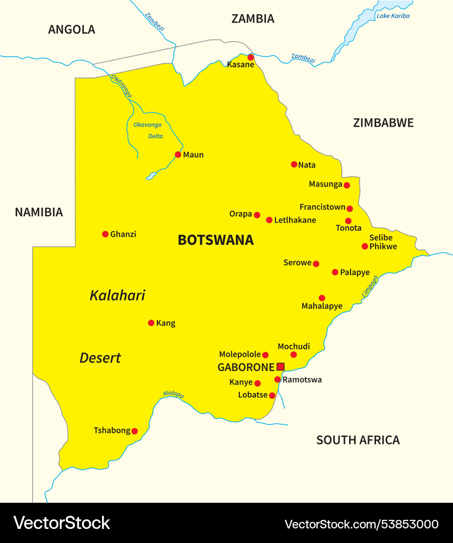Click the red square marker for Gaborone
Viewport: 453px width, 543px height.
[x=281, y=367]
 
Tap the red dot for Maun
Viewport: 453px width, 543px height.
[x=178, y=154]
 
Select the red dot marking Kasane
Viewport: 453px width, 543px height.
[x=251, y=57]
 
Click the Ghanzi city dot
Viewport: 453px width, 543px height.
[x=105, y=234]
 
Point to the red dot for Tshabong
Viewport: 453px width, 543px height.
[x=134, y=431]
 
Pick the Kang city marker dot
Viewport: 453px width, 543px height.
[x=151, y=323]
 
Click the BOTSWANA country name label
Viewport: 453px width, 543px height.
[x=216, y=240]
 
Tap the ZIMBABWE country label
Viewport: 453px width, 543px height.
[x=383, y=123]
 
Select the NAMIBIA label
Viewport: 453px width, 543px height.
[x=39, y=212]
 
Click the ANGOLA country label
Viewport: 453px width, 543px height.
[x=71, y=30]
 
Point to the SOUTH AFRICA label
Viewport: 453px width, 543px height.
[x=358, y=440]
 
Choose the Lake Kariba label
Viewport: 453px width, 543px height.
[x=393, y=16]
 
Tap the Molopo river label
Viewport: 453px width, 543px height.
[x=173, y=395]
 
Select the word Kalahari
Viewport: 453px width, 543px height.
[x=117, y=295]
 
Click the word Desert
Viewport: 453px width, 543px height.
[x=100, y=358]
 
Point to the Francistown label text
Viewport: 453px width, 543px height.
[x=322, y=207]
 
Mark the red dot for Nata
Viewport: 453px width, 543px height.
[x=294, y=164]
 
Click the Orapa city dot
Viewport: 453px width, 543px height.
[x=257, y=215]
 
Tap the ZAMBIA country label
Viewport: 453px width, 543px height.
[x=253, y=19]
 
